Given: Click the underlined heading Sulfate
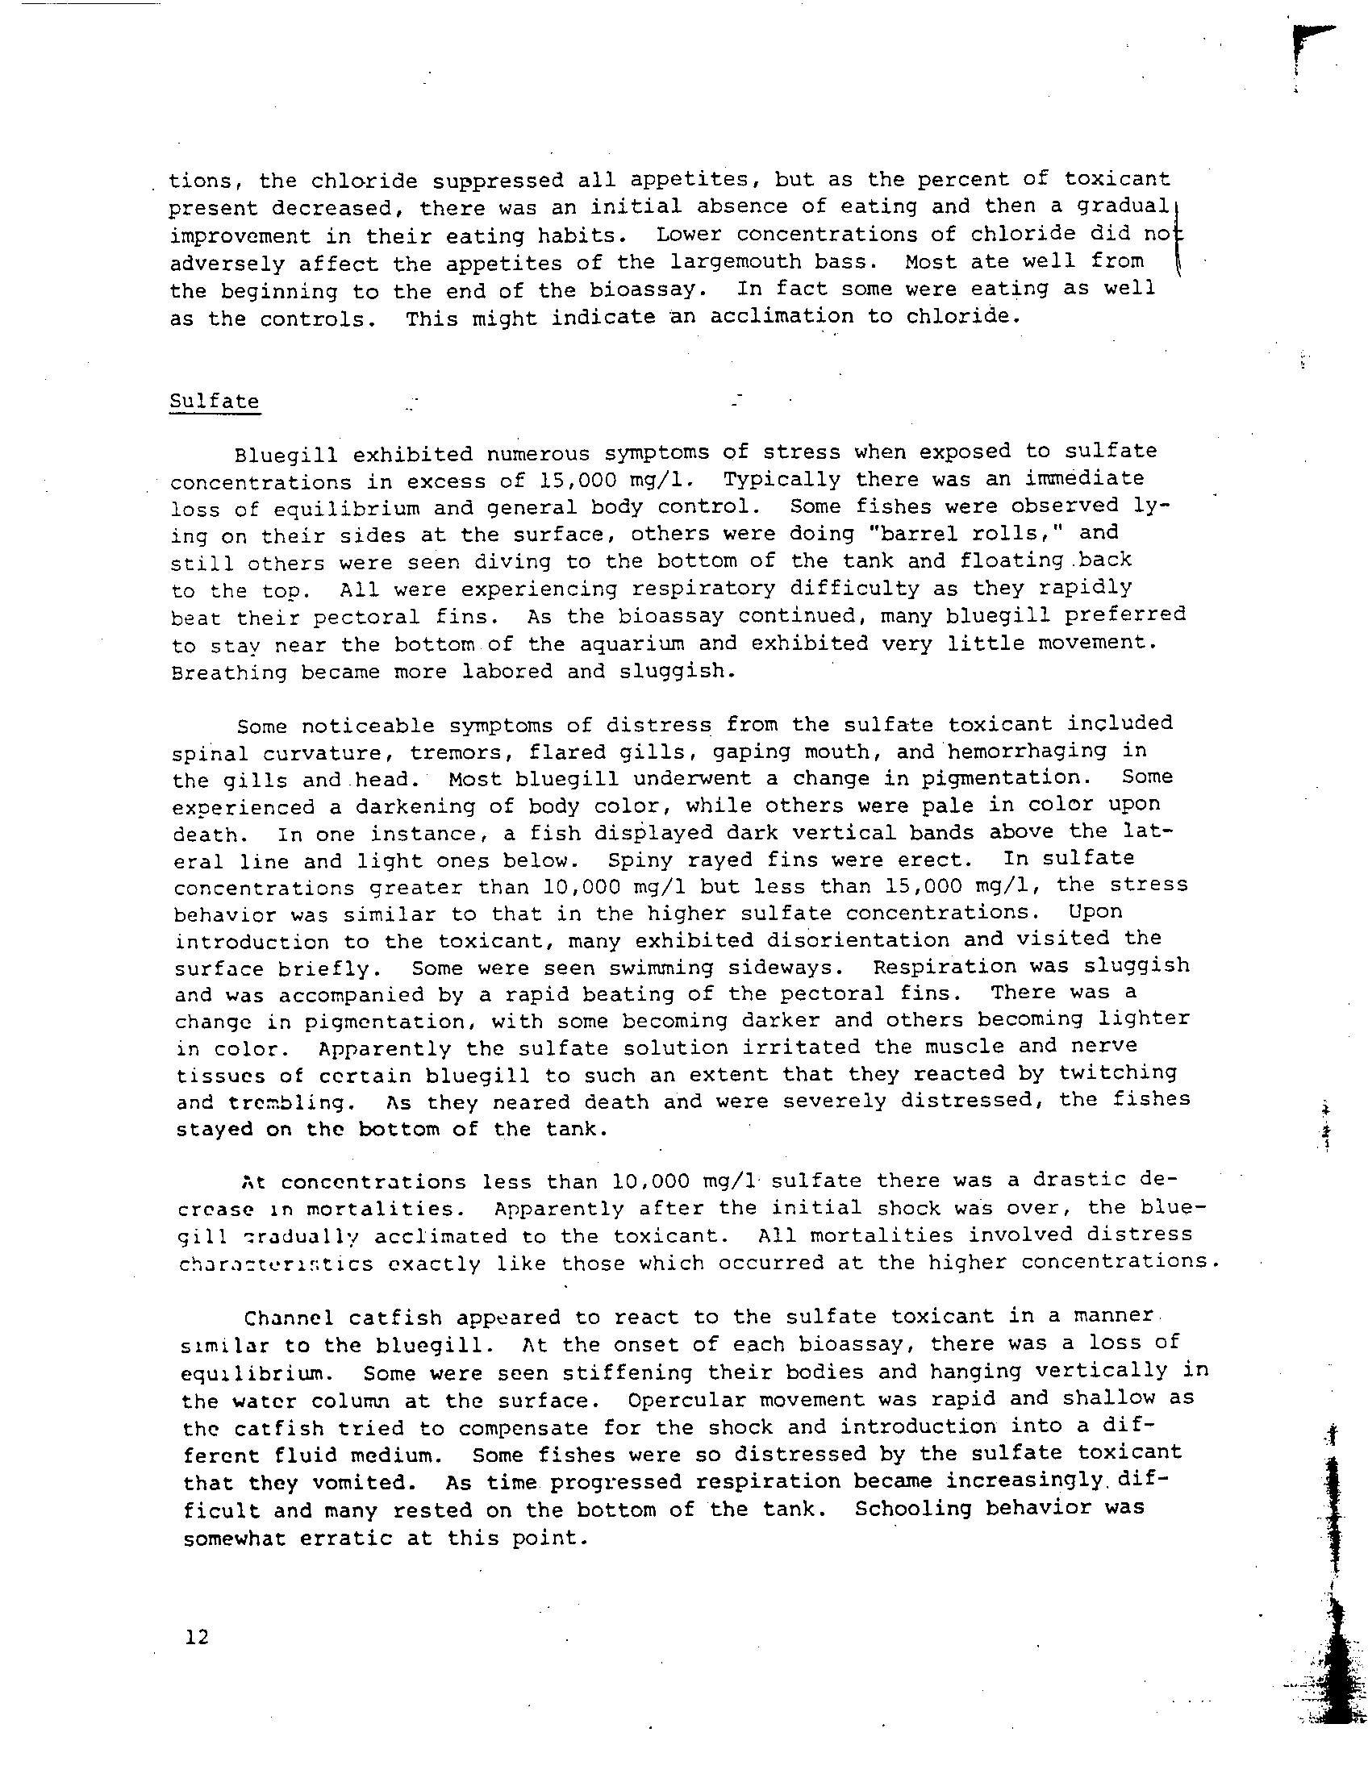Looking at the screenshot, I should (x=215, y=402).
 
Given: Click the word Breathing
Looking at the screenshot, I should (x=229, y=672).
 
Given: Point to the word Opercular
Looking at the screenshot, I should (x=686, y=1400).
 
